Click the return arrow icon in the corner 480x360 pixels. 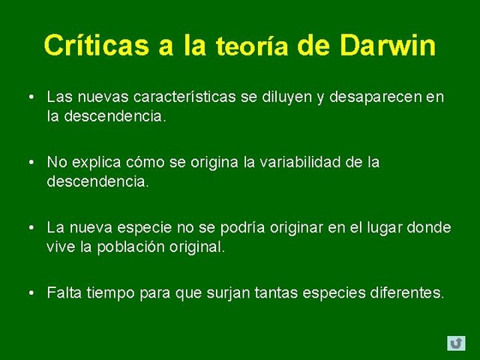point(455,343)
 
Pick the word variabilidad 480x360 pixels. point(286,162)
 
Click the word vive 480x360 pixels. point(60,246)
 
